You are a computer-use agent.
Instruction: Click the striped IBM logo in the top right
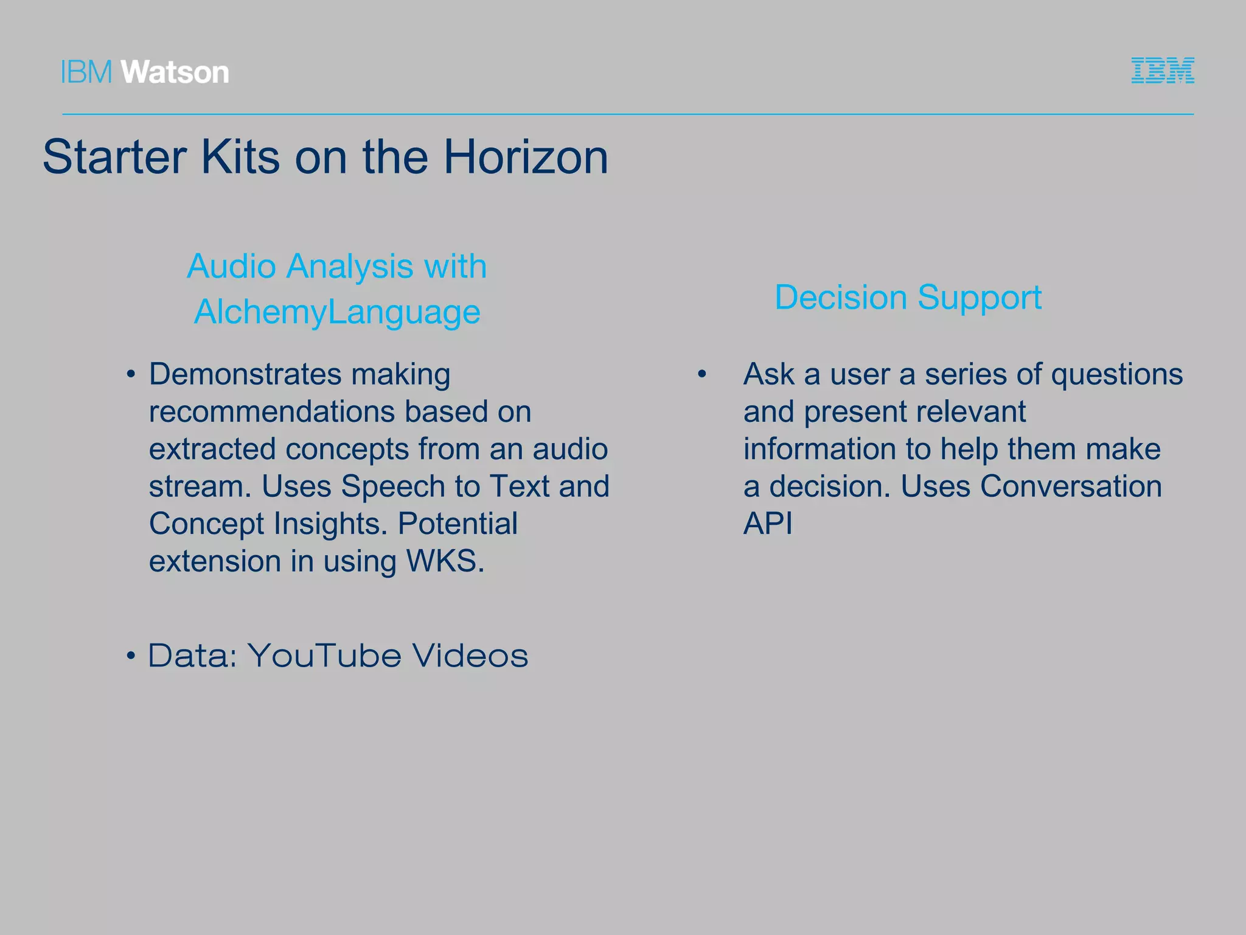click(x=1163, y=71)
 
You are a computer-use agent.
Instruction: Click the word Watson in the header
click(x=175, y=72)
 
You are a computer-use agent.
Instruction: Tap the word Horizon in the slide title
click(x=526, y=157)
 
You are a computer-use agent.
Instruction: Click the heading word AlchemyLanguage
click(x=337, y=312)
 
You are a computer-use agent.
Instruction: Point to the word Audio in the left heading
click(x=231, y=267)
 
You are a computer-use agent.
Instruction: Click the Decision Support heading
click(x=908, y=298)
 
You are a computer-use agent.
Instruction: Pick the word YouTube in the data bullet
click(x=324, y=656)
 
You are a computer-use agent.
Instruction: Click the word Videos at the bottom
click(x=470, y=656)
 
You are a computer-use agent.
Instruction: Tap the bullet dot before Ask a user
click(x=702, y=374)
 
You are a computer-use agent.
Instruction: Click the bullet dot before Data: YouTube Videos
click(x=130, y=657)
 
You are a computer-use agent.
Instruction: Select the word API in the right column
click(x=768, y=524)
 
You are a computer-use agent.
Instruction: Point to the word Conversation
click(x=1071, y=486)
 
